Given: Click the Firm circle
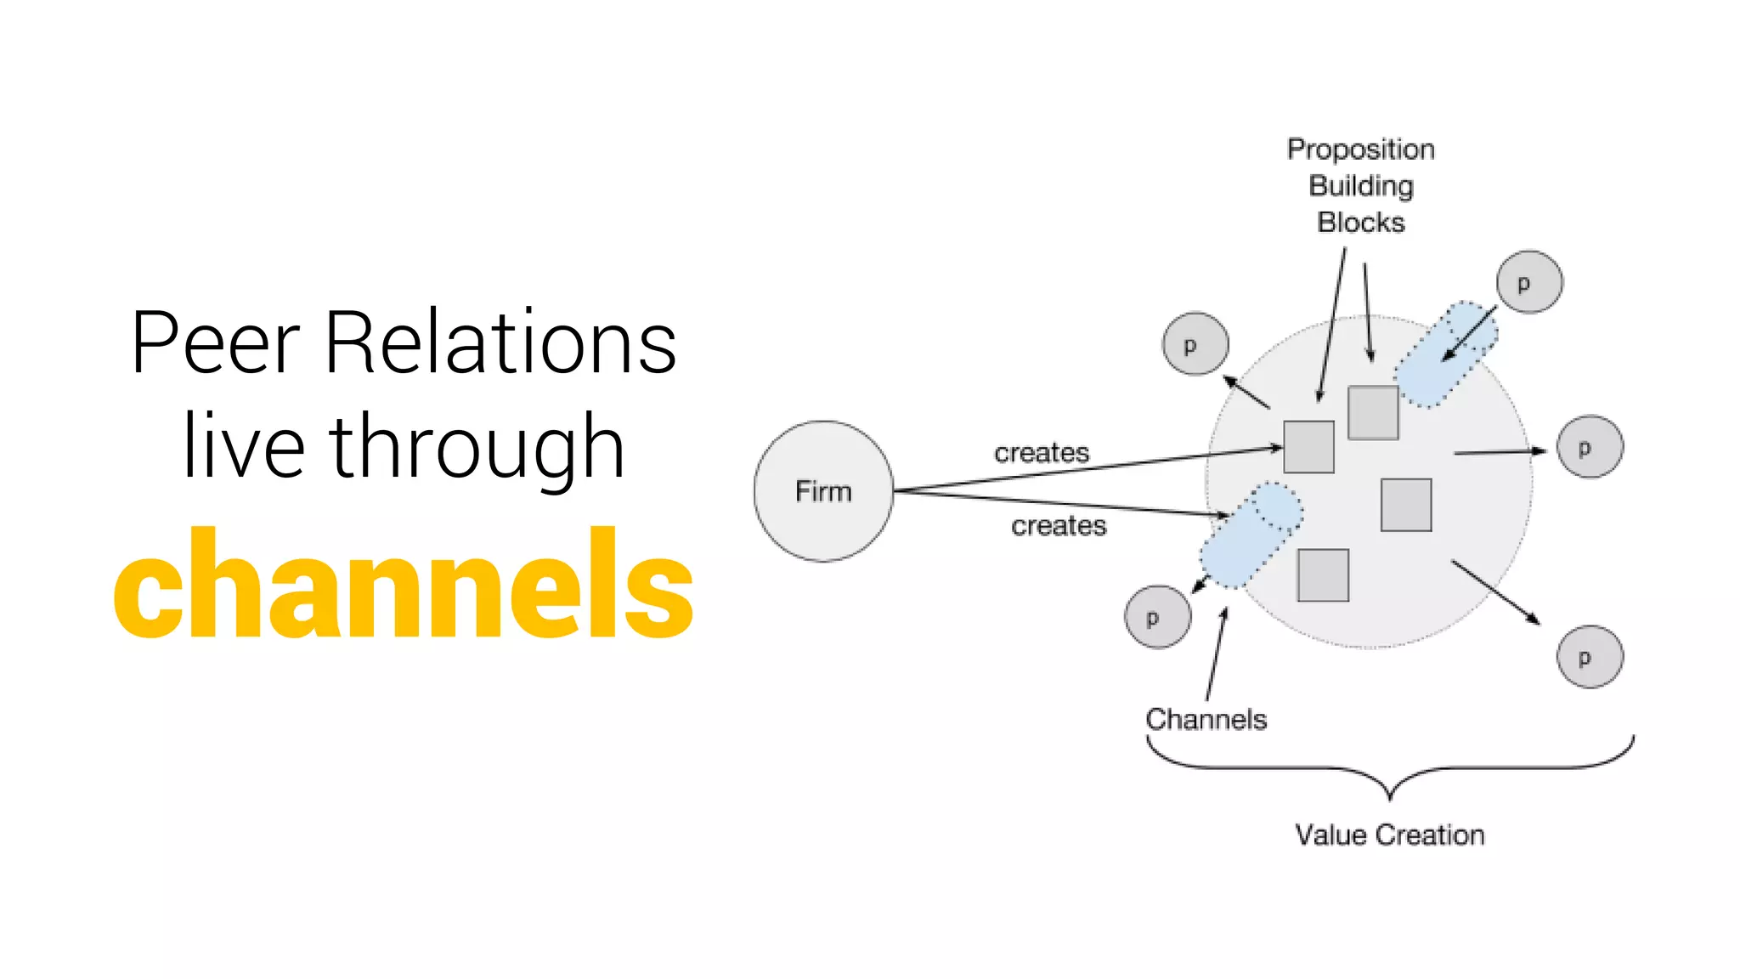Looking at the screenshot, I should (823, 491).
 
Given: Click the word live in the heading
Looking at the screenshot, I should (244, 446).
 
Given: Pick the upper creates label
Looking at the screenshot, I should (1042, 453).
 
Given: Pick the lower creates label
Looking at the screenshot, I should (1059, 526).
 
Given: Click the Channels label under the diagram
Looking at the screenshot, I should (1206, 720).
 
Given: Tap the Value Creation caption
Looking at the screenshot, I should (1390, 835).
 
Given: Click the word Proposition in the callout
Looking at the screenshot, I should (1361, 150).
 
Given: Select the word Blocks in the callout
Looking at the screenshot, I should (1361, 223).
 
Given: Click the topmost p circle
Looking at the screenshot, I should (1528, 282).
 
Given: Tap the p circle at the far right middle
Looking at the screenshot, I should (1590, 447).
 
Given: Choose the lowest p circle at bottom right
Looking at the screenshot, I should (1590, 656).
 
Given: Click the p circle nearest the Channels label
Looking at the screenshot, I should (1157, 617).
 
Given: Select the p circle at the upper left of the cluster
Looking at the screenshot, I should (1195, 344).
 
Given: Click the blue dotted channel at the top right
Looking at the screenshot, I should (1446, 354).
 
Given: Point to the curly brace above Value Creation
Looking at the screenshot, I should (1390, 768).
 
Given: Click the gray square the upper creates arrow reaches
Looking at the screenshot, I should (1308, 447).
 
